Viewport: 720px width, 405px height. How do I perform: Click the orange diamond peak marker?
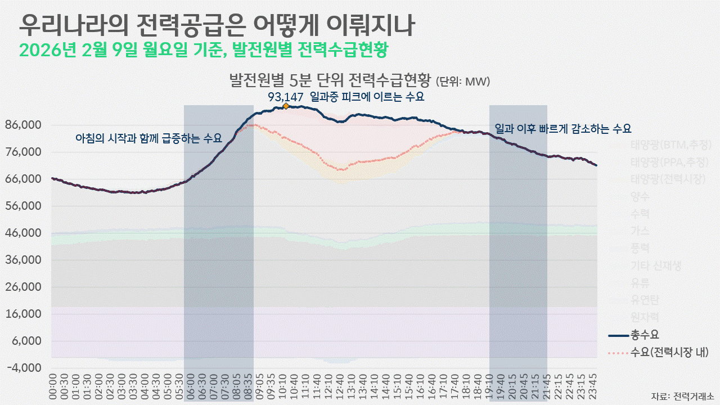click(286, 106)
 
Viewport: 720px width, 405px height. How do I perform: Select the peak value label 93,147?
click(285, 97)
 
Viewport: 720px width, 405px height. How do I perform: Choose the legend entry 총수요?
click(645, 336)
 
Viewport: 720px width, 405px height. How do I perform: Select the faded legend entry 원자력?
click(645, 317)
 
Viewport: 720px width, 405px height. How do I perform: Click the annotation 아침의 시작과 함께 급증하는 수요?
click(148, 138)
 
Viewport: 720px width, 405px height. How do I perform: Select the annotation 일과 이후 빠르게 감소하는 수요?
click(567, 128)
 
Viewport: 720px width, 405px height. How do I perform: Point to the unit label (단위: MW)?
click(463, 82)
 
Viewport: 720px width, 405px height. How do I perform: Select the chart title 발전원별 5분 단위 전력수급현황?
click(330, 80)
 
